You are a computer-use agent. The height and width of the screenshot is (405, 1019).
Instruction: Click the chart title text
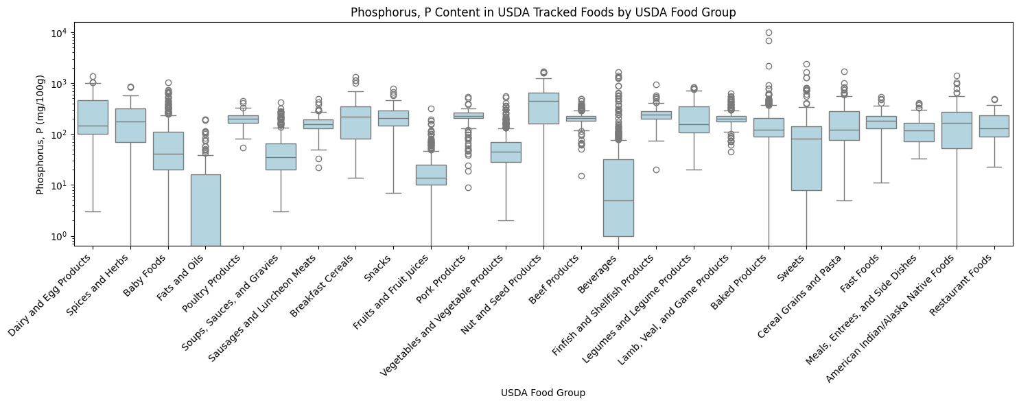[x=543, y=12]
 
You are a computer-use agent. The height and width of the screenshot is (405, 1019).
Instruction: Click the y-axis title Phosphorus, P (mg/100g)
[x=40, y=134]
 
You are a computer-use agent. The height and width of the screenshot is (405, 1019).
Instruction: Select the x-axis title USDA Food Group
[x=543, y=393]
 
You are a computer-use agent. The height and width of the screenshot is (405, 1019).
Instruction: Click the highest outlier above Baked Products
[x=769, y=32]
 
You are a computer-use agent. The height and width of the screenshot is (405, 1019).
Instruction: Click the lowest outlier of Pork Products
[x=468, y=187]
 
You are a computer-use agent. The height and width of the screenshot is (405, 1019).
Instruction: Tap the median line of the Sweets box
[x=806, y=139]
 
